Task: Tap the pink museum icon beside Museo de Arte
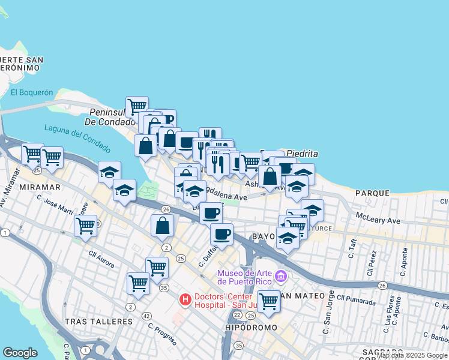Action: [280, 277]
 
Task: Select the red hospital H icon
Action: [186, 298]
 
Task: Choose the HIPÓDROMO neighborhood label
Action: [251, 328]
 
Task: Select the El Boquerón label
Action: [32, 92]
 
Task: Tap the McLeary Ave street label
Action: [378, 220]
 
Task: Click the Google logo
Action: [20, 353]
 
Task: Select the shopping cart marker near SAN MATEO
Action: [268, 301]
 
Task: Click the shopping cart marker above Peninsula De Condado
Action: [137, 106]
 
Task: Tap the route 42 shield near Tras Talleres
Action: [146, 316]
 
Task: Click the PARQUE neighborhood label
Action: [372, 193]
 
